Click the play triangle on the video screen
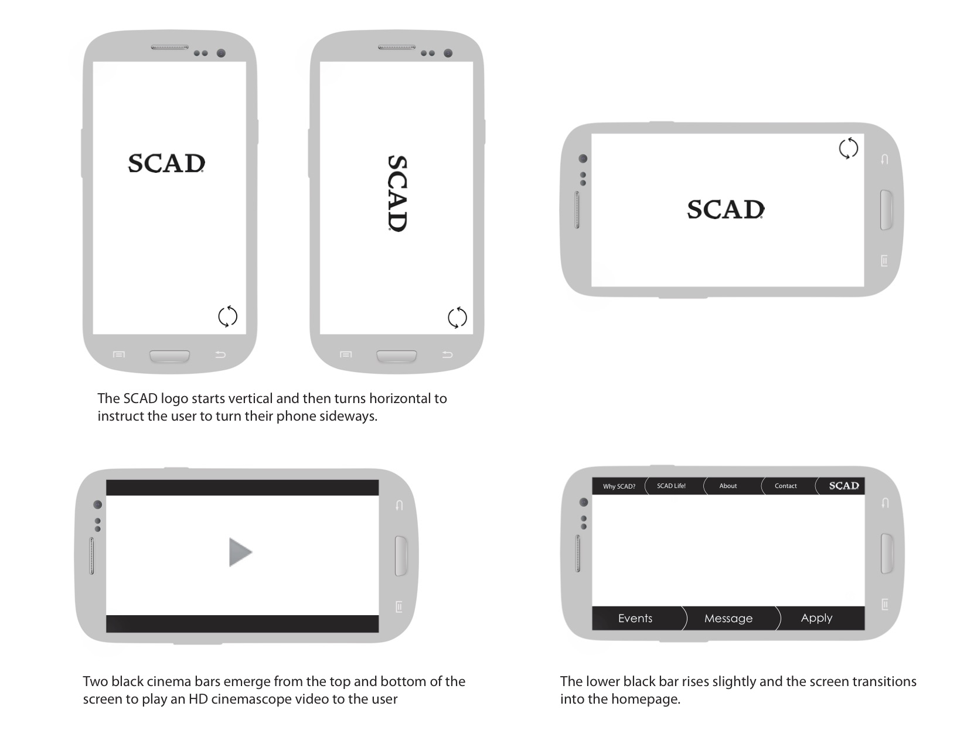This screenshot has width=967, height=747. click(240, 552)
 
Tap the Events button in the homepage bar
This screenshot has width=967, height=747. click(635, 619)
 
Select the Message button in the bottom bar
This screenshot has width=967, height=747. click(728, 619)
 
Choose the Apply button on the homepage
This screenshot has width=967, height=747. click(816, 618)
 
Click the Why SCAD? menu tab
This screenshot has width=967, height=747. click(619, 486)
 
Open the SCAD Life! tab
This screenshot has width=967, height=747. click(671, 486)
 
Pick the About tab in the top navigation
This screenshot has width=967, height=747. click(728, 486)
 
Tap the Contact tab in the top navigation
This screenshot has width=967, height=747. click(785, 486)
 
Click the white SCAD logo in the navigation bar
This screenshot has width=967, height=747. click(844, 486)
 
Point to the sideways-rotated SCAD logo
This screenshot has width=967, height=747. click(397, 193)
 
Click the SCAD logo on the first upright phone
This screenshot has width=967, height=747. click(166, 163)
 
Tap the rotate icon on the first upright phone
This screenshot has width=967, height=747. click(227, 316)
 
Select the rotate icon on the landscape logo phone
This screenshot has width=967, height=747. click(848, 148)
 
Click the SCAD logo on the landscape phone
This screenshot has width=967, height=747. click(726, 210)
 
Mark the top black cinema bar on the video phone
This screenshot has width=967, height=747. click(242, 487)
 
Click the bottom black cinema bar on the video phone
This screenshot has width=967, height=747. click(242, 624)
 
